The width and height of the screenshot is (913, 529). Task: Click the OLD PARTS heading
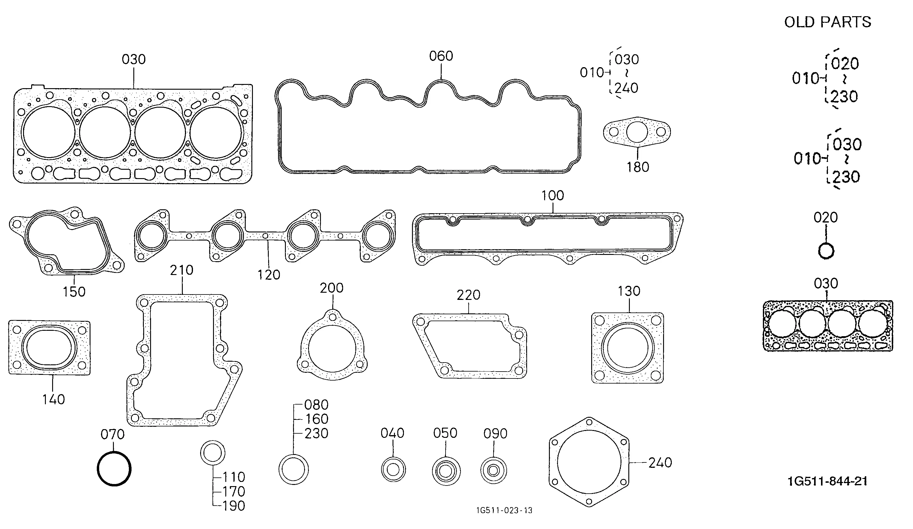[x=828, y=22]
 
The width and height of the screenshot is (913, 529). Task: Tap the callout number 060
[x=441, y=56]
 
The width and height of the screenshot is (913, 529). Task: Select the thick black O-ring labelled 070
[x=114, y=468]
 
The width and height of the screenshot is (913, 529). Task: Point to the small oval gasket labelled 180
[x=637, y=132]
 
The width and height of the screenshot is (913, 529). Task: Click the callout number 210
[x=182, y=270]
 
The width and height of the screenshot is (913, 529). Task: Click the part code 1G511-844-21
[x=828, y=481]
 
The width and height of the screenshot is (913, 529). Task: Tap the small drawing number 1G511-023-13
[x=504, y=510]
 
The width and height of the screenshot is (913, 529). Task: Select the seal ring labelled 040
[x=393, y=470]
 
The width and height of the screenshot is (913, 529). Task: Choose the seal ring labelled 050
[x=446, y=471]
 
